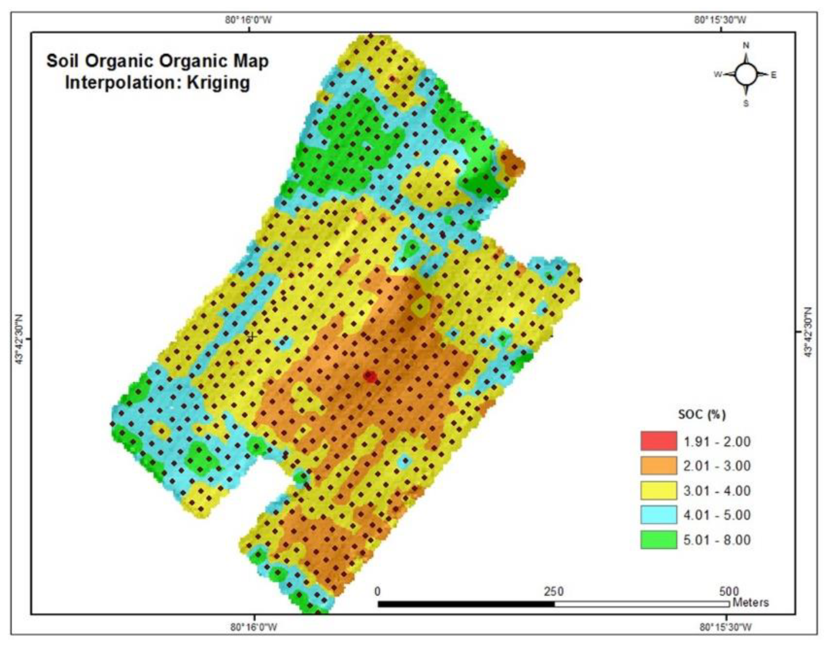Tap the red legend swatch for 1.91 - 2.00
pos(658,441)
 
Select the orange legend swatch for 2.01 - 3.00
pos(658,466)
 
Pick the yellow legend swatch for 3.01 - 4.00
pos(658,490)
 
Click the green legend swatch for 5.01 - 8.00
pos(658,540)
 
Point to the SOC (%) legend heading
pos(702,414)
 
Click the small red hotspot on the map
pos(370,377)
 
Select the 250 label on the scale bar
pos(554,591)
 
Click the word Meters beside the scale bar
pos(751,602)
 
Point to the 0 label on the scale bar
pos(377,591)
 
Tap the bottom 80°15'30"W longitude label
pos(726,627)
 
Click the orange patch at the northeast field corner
pos(511,163)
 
